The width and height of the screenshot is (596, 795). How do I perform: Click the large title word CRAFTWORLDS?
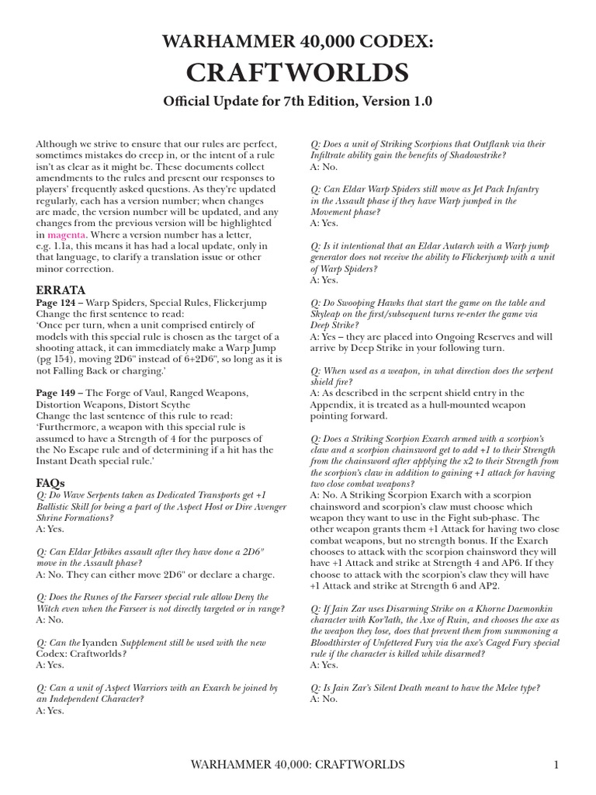298,72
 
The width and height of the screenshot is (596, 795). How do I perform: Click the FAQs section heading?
51,482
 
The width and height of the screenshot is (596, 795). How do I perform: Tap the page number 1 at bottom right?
556,765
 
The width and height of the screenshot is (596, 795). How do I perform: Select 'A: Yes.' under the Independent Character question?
50,710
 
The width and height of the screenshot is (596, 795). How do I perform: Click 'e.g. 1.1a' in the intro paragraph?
59,246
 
